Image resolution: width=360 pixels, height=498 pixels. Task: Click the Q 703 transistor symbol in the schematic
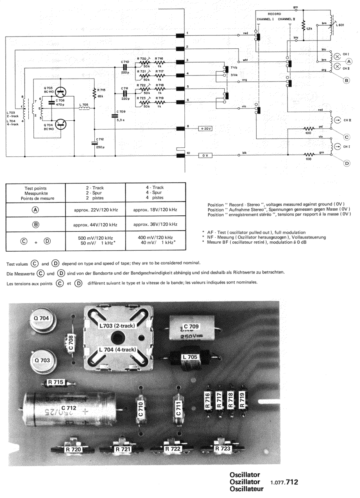click(59, 92)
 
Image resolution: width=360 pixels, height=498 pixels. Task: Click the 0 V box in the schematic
click(205, 155)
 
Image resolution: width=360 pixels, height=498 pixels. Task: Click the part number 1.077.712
click(285, 481)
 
